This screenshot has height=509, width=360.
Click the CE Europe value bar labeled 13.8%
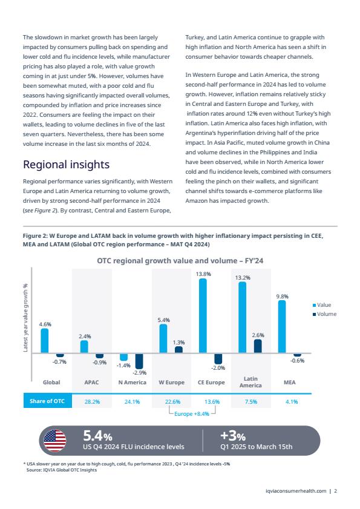coord(203,315)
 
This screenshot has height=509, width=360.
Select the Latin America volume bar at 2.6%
coord(258,346)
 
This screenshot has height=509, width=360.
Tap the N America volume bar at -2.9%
coord(139,361)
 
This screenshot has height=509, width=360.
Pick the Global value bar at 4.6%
coord(45,341)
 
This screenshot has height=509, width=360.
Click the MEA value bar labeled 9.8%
coord(282,327)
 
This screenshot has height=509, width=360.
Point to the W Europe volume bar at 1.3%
coord(178,350)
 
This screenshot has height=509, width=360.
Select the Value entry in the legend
coord(322,305)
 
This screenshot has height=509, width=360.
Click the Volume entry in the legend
coord(324,314)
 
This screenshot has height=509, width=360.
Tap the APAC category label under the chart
coord(91,383)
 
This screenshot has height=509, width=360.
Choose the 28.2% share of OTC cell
coord(92,401)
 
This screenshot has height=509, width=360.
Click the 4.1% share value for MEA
coord(292,401)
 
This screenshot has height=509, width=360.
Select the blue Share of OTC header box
coord(47,401)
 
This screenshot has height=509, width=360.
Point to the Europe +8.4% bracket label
coord(192,414)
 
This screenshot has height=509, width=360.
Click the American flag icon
coord(55,441)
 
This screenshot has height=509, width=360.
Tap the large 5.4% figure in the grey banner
coord(97,436)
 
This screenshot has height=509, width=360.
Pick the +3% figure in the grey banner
coord(233,436)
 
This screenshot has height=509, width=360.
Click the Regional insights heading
coord(66,165)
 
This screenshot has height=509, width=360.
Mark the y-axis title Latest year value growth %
coord(25,318)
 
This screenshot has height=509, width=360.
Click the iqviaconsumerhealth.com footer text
coord(296,491)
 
